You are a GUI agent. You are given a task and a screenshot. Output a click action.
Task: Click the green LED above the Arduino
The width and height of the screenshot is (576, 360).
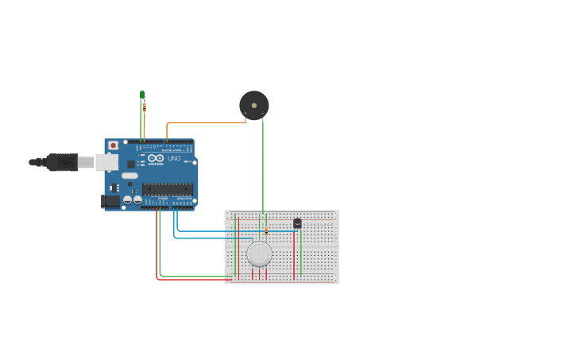click(142, 95)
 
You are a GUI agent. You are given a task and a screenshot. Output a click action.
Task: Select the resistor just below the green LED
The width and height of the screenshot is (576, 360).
click(144, 106)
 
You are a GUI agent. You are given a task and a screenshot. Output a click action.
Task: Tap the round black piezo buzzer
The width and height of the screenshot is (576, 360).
click(254, 106)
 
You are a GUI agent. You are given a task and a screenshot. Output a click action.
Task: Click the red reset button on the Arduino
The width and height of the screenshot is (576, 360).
click(113, 145)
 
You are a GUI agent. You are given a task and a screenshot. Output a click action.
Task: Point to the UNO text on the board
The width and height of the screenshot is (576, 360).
click(174, 158)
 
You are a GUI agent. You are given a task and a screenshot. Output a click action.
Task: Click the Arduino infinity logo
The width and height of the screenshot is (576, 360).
click(156, 158)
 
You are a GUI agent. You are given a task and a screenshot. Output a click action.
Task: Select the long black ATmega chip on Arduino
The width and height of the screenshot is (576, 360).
click(168, 189)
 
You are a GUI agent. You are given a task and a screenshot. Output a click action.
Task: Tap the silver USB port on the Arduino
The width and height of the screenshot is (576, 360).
click(106, 162)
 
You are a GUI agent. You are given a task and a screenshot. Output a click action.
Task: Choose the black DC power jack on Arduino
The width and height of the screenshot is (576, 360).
click(111, 201)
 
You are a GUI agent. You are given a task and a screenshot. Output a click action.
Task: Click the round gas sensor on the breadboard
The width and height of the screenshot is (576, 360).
click(259, 254)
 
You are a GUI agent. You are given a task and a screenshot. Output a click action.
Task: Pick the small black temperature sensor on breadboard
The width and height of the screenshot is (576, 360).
click(297, 223)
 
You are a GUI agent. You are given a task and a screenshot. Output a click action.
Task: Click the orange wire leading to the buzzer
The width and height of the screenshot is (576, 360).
click(207, 123)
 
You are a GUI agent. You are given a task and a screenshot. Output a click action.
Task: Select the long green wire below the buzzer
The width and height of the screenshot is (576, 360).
click(263, 167)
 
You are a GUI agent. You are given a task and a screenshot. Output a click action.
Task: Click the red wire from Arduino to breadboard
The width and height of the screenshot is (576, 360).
click(191, 280)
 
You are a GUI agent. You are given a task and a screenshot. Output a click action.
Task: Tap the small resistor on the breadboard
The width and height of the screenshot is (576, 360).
click(266, 232)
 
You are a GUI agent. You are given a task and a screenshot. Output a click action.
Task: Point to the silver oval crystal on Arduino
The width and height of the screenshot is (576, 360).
click(130, 176)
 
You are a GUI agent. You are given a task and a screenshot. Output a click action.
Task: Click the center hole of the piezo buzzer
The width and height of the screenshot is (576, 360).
click(254, 105)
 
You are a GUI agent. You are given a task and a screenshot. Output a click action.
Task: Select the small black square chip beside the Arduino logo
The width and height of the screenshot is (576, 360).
click(131, 164)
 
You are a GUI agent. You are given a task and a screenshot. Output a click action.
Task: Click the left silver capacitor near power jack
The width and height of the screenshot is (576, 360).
click(127, 199)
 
